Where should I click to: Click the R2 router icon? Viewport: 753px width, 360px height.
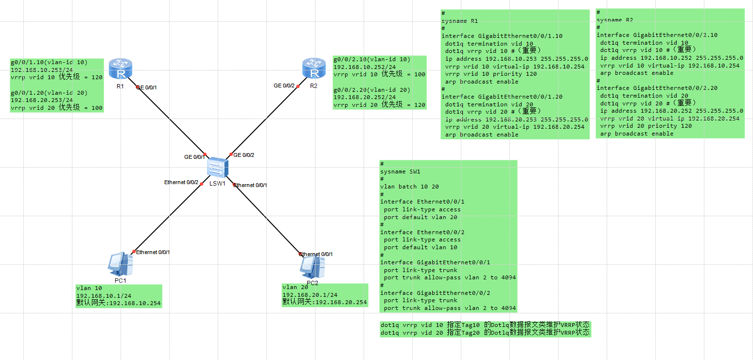click(x=314, y=69)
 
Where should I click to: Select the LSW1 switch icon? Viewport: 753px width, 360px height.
click(x=217, y=168)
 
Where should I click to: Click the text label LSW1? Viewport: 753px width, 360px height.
click(x=217, y=183)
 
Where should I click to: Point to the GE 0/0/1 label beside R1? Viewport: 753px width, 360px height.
click(x=146, y=87)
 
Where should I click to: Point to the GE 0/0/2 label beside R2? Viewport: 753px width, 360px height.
click(x=284, y=86)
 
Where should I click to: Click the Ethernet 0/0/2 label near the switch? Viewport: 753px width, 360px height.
click(x=181, y=182)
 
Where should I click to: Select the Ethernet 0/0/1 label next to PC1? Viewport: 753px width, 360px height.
click(x=153, y=252)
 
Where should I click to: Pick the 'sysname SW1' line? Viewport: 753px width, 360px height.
click(x=400, y=171)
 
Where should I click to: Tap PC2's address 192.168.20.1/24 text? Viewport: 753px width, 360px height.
click(x=310, y=295)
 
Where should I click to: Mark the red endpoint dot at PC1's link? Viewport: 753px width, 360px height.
click(x=134, y=251)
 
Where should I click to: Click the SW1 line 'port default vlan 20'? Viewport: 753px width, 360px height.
click(x=420, y=217)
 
